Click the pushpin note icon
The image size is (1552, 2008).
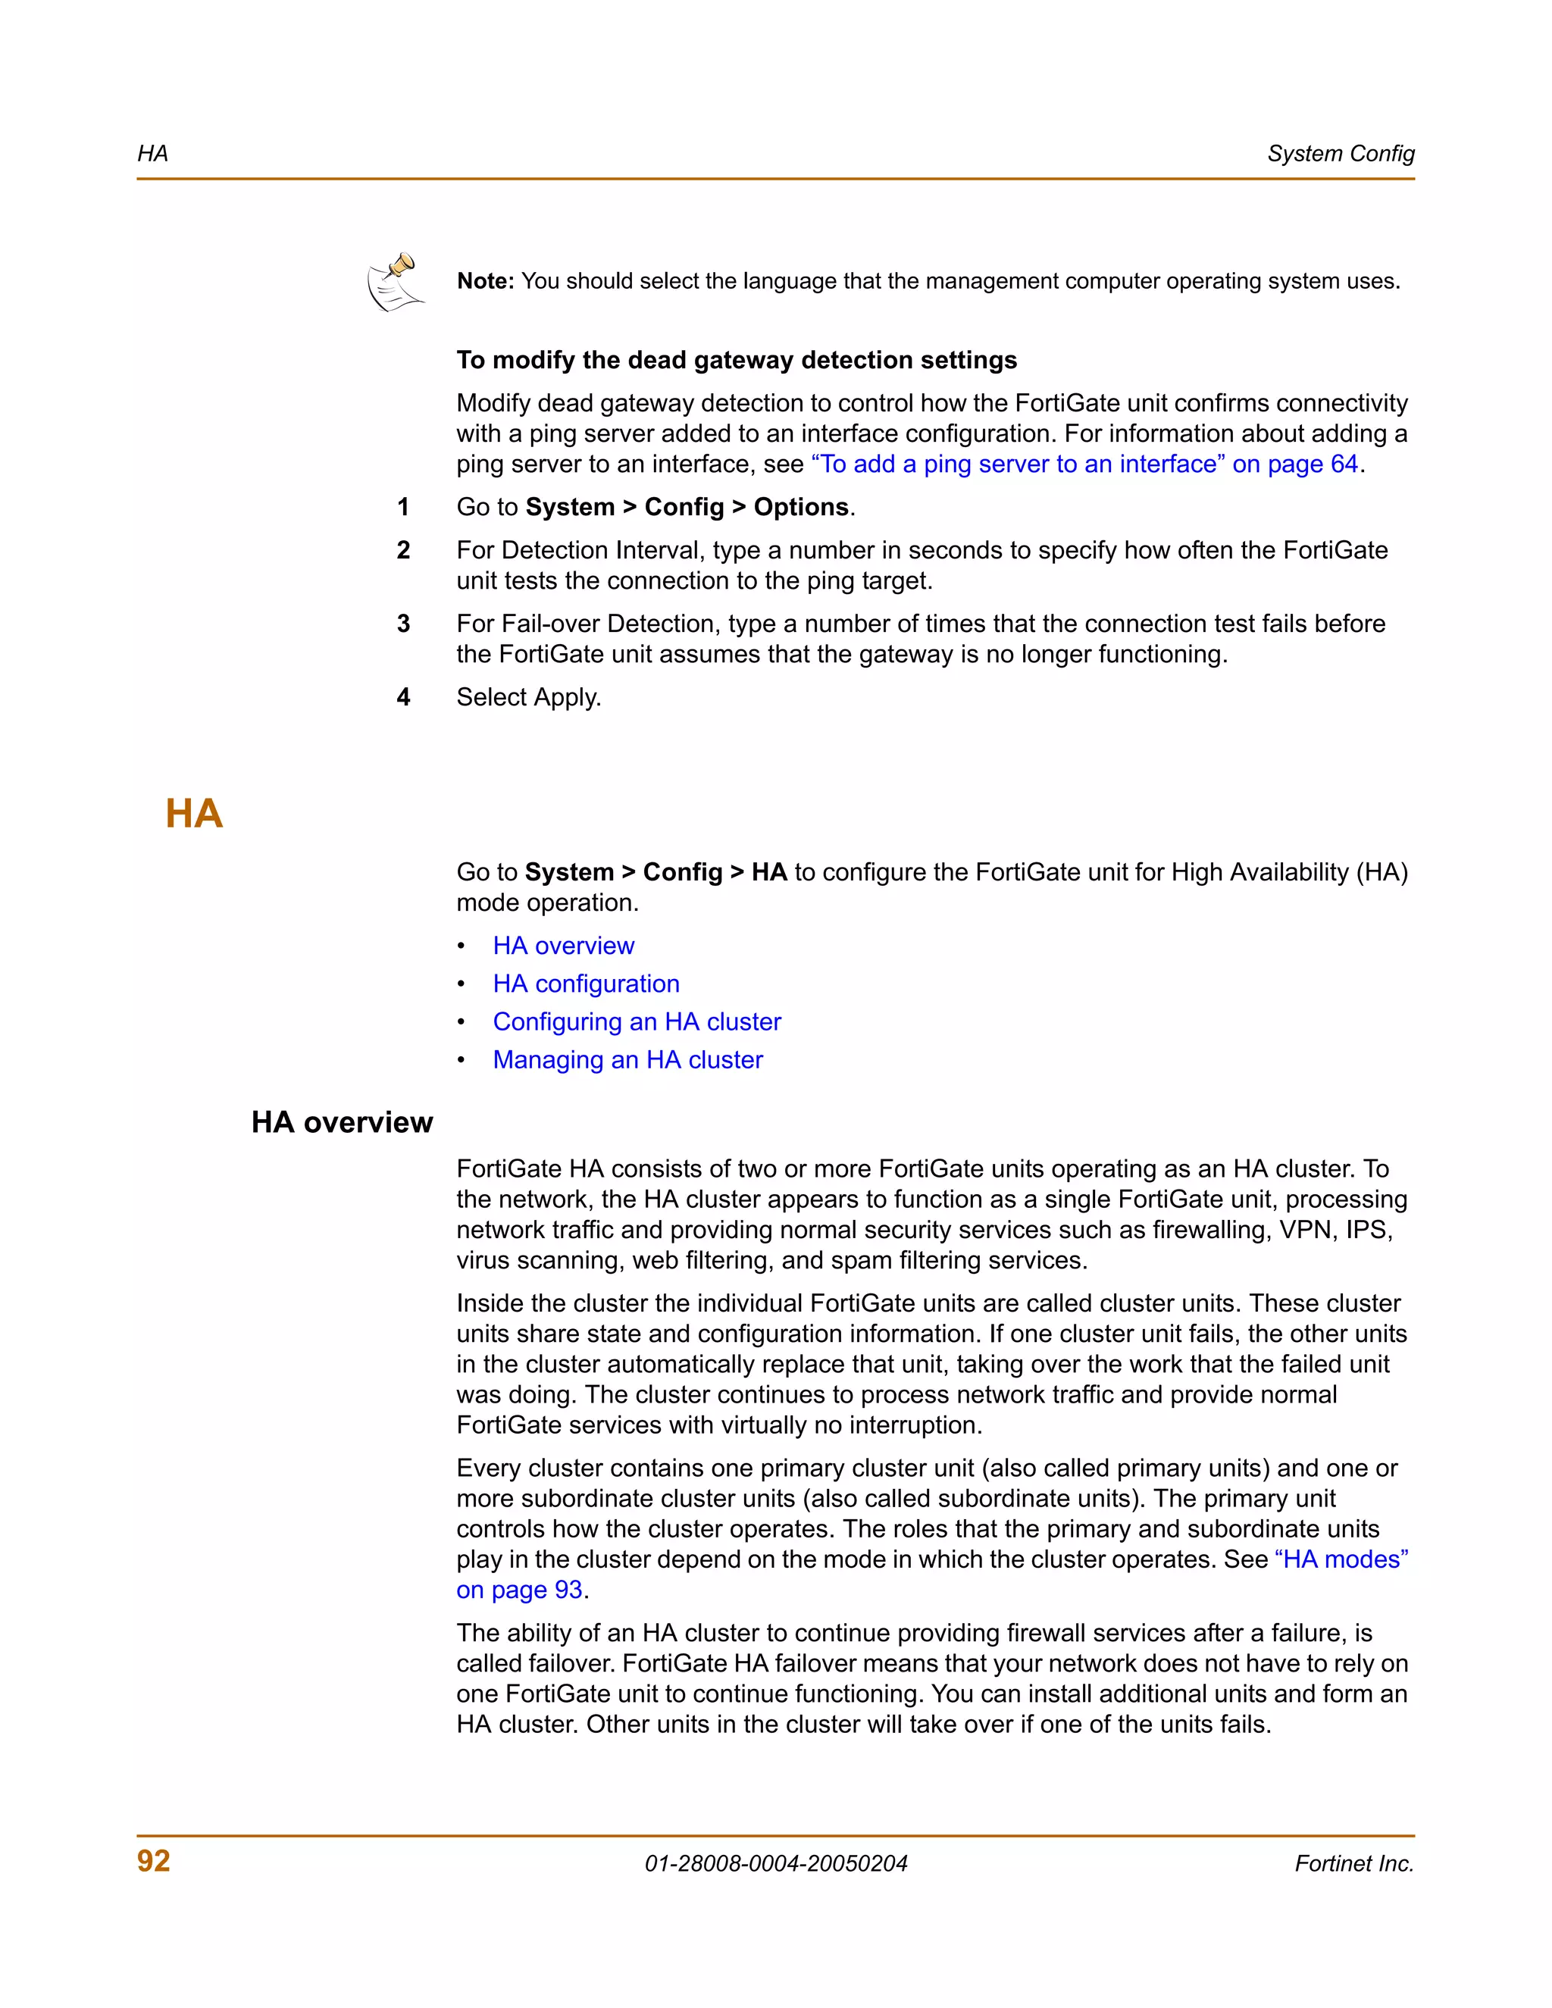click(396, 283)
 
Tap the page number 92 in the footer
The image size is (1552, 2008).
click(154, 1861)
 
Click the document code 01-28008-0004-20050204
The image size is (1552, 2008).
click(775, 1864)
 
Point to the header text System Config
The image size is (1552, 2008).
click(1340, 154)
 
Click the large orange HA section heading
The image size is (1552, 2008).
click(194, 814)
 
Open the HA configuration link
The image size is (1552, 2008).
click(586, 984)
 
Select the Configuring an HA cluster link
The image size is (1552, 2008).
click(637, 1021)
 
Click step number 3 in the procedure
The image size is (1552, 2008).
click(402, 624)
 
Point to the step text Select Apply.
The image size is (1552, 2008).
click(529, 697)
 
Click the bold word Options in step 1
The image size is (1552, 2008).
click(801, 507)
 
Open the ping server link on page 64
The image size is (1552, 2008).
click(1084, 464)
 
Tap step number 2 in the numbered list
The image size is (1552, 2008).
click(402, 550)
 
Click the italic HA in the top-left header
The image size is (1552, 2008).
click(152, 154)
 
